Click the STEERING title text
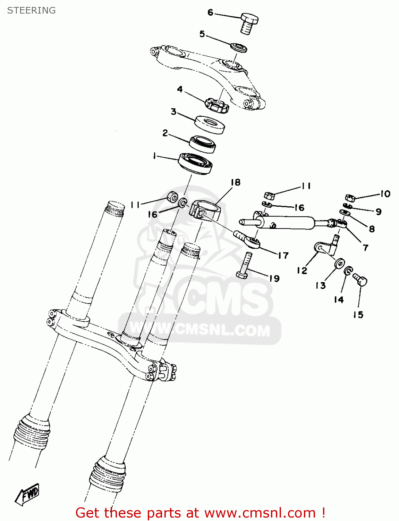[x=31, y=10]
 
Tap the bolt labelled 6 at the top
[x=249, y=23]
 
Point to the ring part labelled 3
[x=210, y=124]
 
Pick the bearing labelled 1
[x=195, y=163]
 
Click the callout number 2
[x=165, y=133]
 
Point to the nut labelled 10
[x=350, y=198]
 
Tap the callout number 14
[x=339, y=299]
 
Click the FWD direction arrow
[x=28, y=494]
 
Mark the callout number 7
[x=365, y=248]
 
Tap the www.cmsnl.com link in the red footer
[x=260, y=513]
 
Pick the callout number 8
[x=372, y=229]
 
